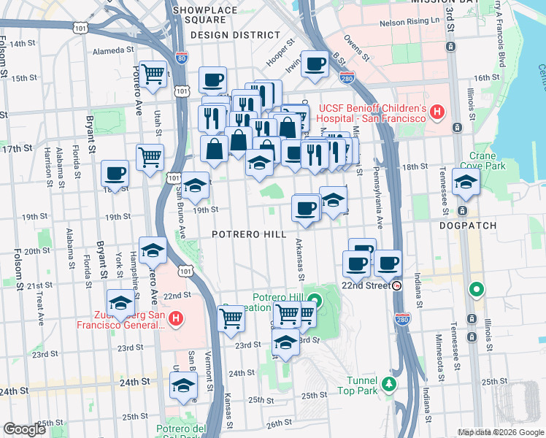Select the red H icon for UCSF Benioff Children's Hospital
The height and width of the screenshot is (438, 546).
(x=437, y=112)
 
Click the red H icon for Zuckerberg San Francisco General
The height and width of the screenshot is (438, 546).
(x=175, y=318)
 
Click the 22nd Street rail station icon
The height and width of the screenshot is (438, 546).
(x=397, y=285)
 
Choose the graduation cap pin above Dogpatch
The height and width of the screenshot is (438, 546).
(x=464, y=182)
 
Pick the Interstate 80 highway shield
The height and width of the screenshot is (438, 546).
(x=181, y=57)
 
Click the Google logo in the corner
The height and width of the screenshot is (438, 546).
(x=25, y=429)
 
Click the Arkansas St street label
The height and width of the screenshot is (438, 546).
(x=300, y=258)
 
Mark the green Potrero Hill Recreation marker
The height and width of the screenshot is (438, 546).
(x=315, y=300)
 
